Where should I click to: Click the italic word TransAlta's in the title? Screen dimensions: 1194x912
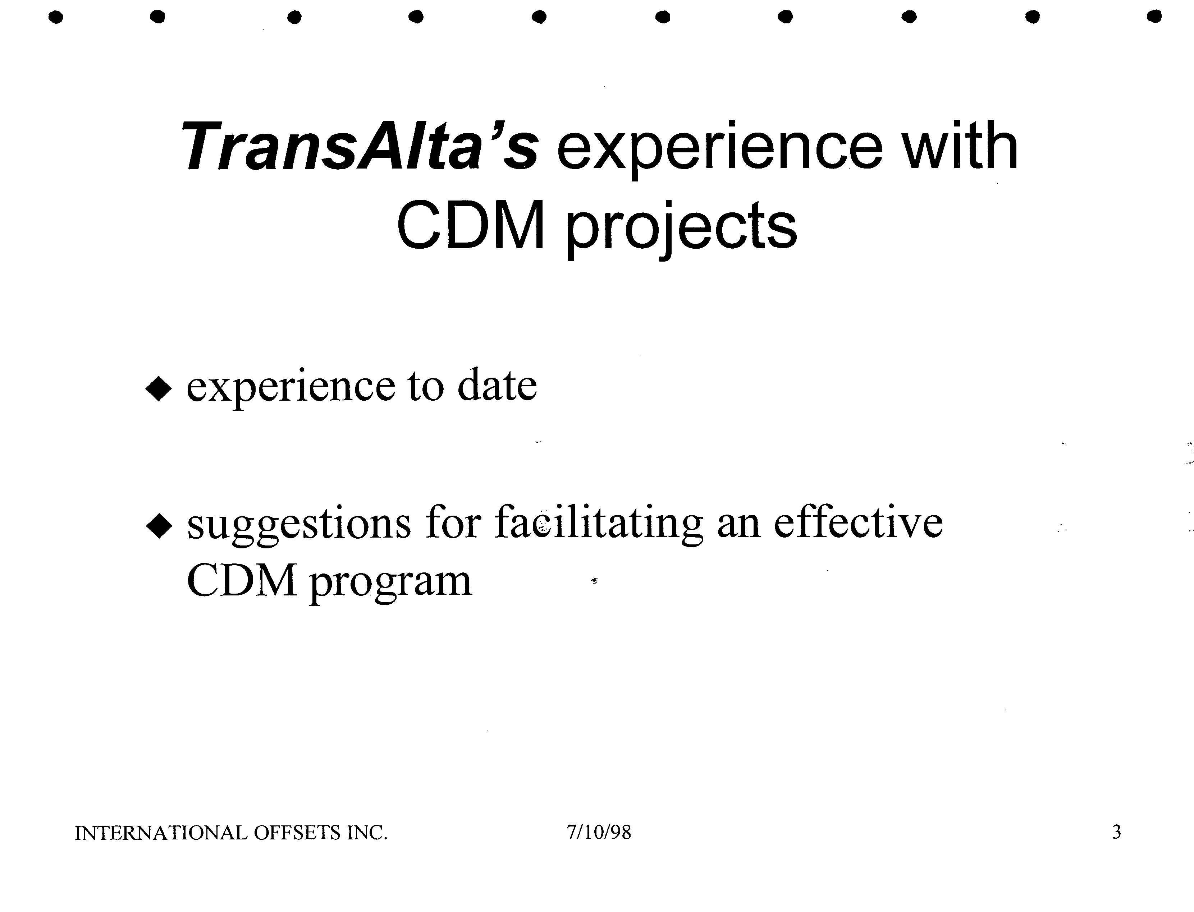359,146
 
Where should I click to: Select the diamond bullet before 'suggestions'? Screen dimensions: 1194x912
159,526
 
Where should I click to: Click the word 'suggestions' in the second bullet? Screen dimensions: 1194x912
299,525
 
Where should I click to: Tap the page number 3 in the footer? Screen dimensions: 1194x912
1116,832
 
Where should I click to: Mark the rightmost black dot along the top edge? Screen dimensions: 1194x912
1154,17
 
